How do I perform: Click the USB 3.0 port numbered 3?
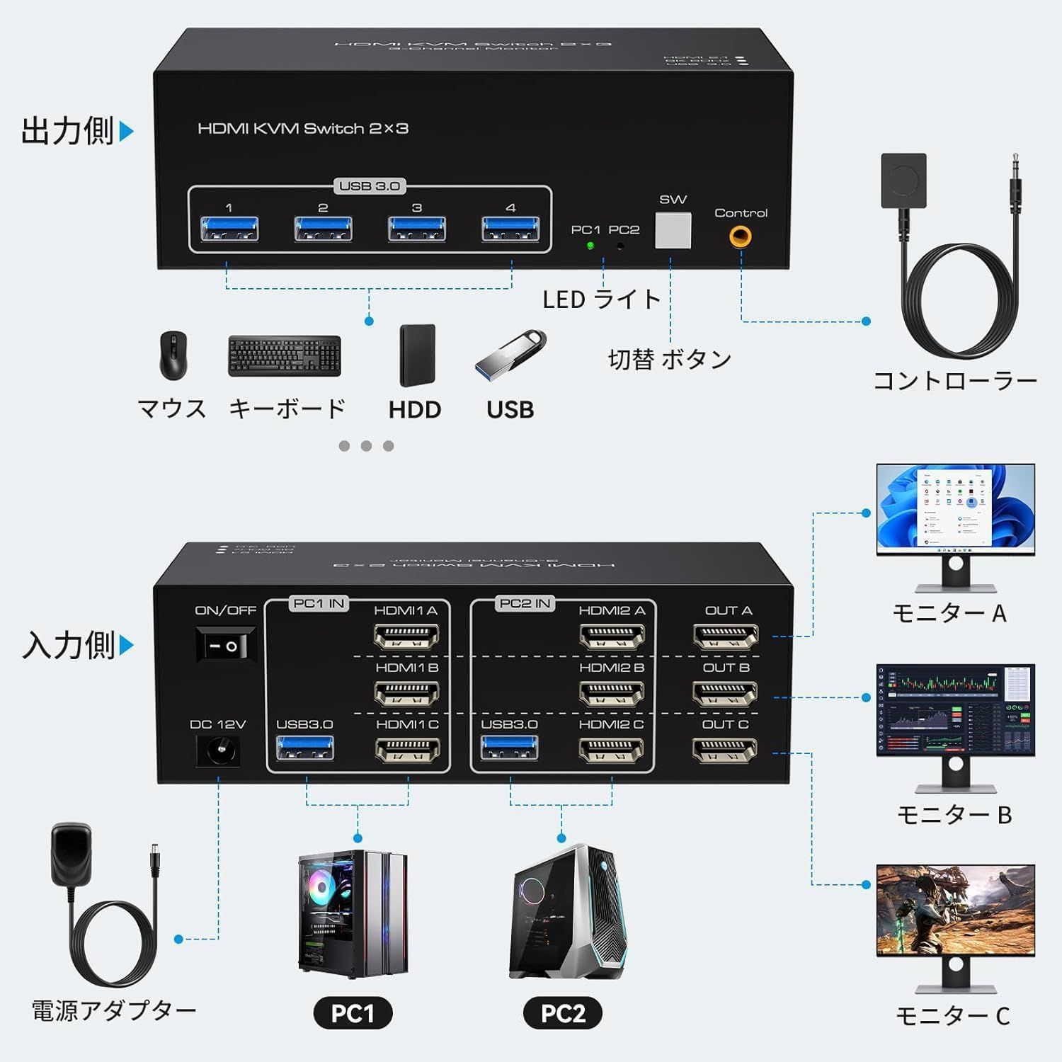click(x=417, y=229)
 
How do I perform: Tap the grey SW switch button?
click(x=673, y=231)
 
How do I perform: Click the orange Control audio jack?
click(x=741, y=236)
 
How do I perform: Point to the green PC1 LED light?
click(x=590, y=246)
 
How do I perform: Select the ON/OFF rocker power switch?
click(x=226, y=646)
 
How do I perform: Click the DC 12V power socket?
click(x=217, y=750)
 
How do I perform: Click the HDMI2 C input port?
click(x=611, y=749)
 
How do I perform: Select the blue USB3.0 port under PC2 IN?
click(x=509, y=748)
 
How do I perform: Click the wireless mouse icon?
click(x=173, y=355)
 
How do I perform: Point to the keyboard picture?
click(x=284, y=355)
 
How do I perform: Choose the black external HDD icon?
click(x=417, y=355)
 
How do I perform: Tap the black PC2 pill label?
click(x=563, y=1012)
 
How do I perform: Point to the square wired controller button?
click(x=903, y=181)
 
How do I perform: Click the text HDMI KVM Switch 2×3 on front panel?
click(x=303, y=129)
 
